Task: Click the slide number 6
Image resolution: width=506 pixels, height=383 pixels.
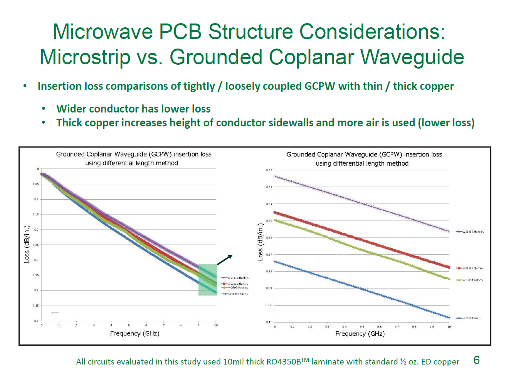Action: click(477, 360)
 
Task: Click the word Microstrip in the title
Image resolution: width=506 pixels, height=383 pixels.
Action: click(85, 57)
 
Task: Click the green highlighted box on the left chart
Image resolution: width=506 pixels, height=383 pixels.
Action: click(208, 280)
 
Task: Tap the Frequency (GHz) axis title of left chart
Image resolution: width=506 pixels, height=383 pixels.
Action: click(134, 333)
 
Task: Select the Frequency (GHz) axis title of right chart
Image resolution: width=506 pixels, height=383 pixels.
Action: click(360, 334)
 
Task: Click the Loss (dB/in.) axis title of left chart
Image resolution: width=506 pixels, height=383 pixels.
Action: click(27, 244)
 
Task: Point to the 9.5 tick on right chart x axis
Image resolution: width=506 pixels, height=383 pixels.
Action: click(362, 327)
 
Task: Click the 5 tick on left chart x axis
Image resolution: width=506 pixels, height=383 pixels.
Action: click(129, 326)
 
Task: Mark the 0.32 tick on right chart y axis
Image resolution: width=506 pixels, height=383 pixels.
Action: click(269, 170)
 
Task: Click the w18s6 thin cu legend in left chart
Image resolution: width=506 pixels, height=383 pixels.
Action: click(238, 294)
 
